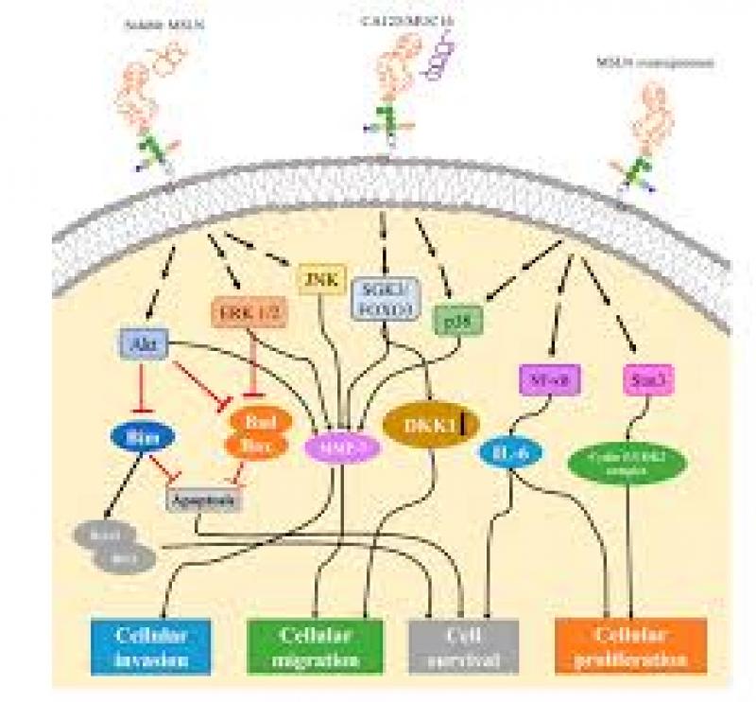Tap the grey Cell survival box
point(464,646)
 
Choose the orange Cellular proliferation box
point(631,646)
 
